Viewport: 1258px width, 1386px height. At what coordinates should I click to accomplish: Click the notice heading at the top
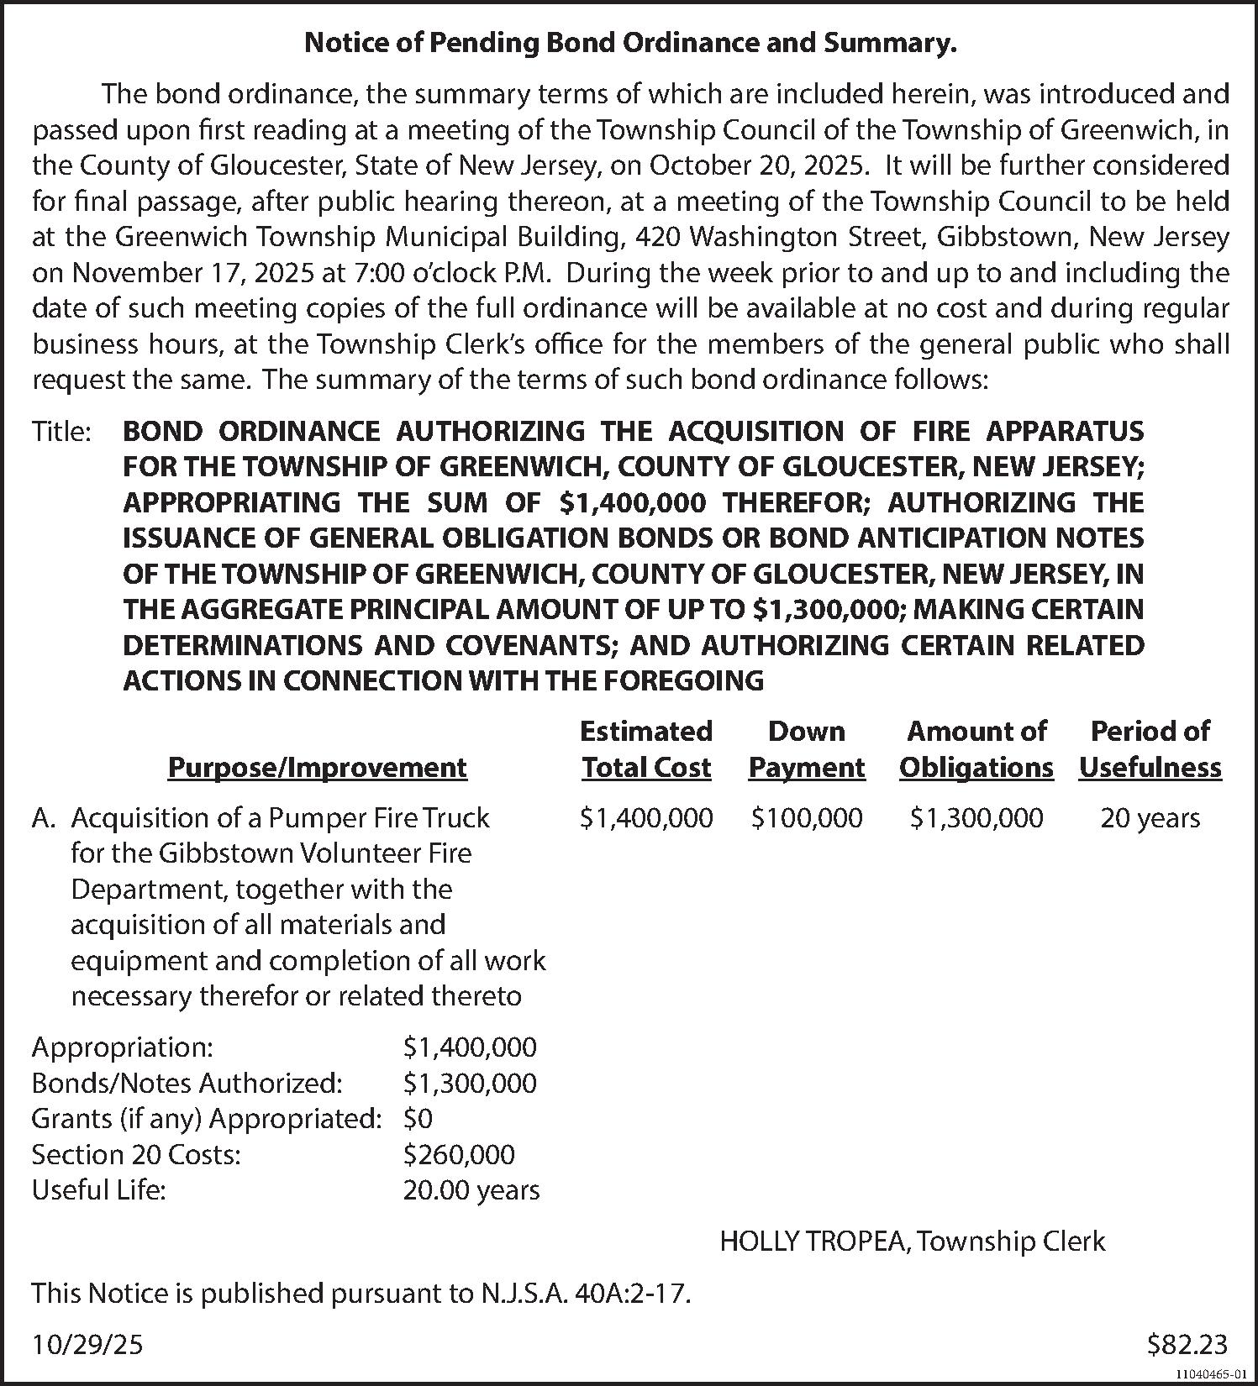pyautogui.click(x=629, y=44)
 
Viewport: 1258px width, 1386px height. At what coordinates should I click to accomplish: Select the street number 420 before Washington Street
pyautogui.click(x=659, y=238)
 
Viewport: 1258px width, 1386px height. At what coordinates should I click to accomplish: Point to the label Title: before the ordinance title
pyautogui.click(x=61, y=432)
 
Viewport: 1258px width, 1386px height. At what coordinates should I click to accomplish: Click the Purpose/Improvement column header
pyautogui.click(x=317, y=768)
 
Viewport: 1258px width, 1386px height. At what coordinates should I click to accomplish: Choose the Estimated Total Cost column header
pyautogui.click(x=645, y=749)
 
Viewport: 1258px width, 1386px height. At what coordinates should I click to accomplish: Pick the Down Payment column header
pyautogui.click(x=806, y=749)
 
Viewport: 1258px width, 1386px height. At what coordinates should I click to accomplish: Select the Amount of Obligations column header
pyautogui.click(x=976, y=749)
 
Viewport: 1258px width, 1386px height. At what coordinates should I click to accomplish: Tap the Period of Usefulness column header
pyautogui.click(x=1150, y=749)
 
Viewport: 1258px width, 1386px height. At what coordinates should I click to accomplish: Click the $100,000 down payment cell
pyautogui.click(x=806, y=818)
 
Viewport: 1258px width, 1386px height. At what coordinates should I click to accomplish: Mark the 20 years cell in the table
pyautogui.click(x=1150, y=818)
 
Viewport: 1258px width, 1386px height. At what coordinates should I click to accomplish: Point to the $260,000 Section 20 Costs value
pyautogui.click(x=459, y=1155)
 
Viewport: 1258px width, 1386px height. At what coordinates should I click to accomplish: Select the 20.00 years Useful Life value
pyautogui.click(x=471, y=1190)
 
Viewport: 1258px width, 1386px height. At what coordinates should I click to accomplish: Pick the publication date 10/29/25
pyautogui.click(x=87, y=1346)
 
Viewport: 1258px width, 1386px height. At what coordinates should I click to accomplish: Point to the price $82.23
pyautogui.click(x=1187, y=1346)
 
